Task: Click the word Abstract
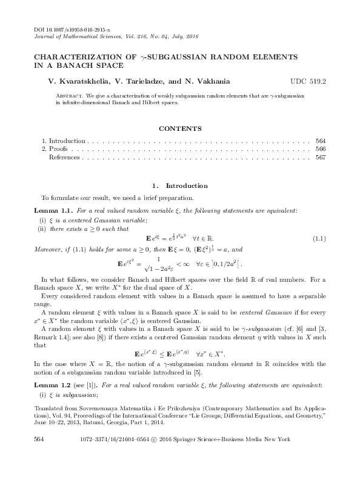[x=69, y=96]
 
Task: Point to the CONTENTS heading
[x=179, y=128]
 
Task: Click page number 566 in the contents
[x=321, y=148]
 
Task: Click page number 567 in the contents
[x=321, y=157]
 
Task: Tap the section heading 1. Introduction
[x=179, y=185]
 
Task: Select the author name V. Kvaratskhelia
[x=76, y=80]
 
